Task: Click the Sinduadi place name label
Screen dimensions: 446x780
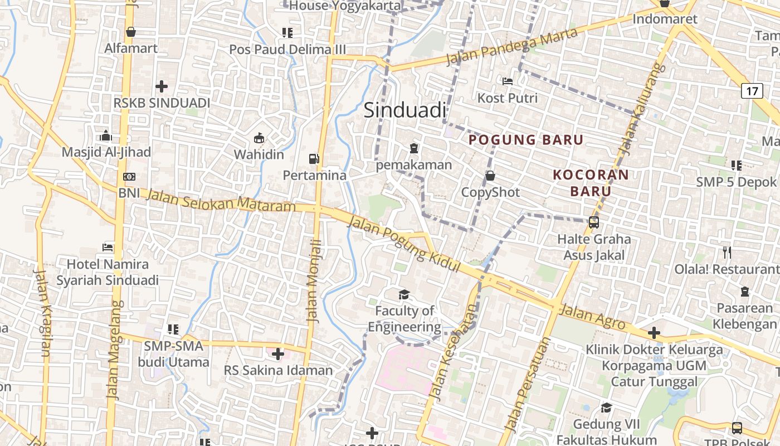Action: click(x=405, y=110)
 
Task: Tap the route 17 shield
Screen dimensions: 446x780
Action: click(x=752, y=90)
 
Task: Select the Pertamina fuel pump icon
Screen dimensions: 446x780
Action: click(x=315, y=159)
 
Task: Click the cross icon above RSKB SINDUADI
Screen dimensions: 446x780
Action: click(x=162, y=86)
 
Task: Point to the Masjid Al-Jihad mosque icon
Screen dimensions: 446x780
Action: click(x=106, y=135)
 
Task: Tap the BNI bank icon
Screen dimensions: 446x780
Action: click(x=129, y=177)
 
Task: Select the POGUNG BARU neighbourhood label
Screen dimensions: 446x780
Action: click(x=526, y=140)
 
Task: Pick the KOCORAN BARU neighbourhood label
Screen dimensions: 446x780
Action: click(x=591, y=183)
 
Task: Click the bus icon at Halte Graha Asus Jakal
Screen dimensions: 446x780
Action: click(x=594, y=222)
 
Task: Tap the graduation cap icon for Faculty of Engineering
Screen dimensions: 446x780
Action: click(x=404, y=294)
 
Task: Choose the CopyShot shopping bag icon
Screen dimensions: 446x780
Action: click(x=490, y=176)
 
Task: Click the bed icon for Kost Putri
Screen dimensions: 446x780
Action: click(x=507, y=81)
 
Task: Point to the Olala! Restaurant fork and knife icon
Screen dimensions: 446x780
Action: click(x=727, y=252)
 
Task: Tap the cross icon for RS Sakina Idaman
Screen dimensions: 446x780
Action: click(x=277, y=353)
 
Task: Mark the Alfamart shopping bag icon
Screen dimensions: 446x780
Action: click(x=131, y=32)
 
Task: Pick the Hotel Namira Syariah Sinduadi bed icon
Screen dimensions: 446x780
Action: click(x=108, y=246)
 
